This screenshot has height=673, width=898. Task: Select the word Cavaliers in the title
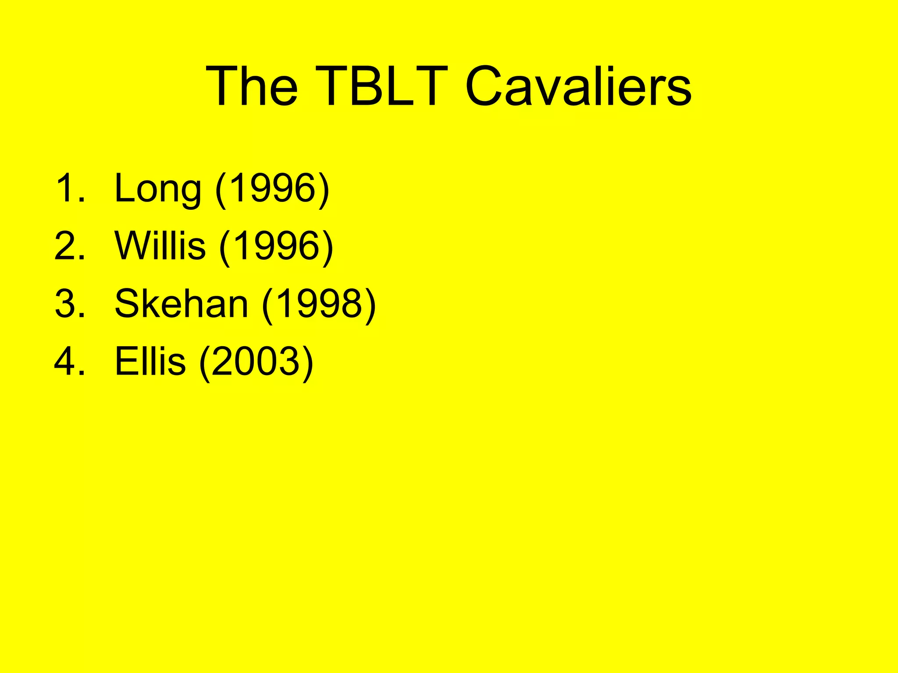578,86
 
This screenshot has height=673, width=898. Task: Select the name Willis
160,246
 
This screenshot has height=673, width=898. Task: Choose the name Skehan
181,304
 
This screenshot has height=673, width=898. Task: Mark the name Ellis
150,361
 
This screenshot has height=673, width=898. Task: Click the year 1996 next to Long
272,188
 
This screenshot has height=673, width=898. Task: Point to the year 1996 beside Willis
277,246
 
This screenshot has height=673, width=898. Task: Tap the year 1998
319,304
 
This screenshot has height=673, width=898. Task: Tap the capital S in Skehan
128,304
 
